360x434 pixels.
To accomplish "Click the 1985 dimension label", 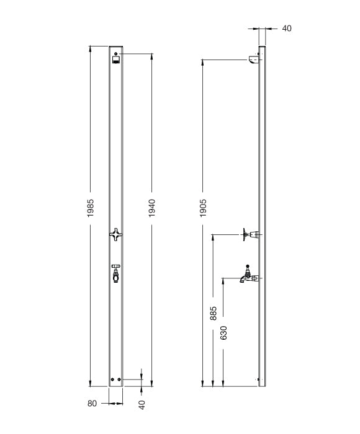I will pyautogui.click(x=91, y=208).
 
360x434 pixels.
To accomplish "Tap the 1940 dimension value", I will pyautogui.click(x=151, y=208).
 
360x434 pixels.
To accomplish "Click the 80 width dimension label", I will pyautogui.click(x=92, y=404).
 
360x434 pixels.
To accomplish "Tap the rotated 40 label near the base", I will pyautogui.click(x=142, y=404).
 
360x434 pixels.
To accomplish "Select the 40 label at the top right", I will pyautogui.click(x=287, y=29).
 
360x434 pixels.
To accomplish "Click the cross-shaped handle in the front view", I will pyautogui.click(x=115, y=234).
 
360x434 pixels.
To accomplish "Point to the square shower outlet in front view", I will pyautogui.click(x=116, y=60).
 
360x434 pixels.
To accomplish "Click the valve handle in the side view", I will pyautogui.click(x=248, y=234).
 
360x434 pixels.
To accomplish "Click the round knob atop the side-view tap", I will pyautogui.click(x=248, y=266).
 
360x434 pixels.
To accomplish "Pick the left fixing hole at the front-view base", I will pyautogui.click(x=112, y=380).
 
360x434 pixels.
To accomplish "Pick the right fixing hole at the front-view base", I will pyautogui.click(x=119, y=380).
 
